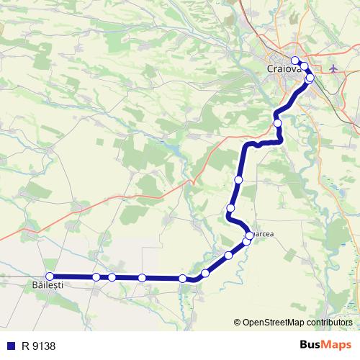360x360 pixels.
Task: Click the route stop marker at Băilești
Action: pyautogui.click(x=50, y=276)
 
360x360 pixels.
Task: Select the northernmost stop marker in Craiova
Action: pyautogui.click(x=294, y=60)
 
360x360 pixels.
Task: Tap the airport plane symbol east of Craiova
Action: pyautogui.click(x=333, y=68)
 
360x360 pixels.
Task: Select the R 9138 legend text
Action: pyautogui.click(x=39, y=346)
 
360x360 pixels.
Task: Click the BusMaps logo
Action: pyautogui.click(x=325, y=345)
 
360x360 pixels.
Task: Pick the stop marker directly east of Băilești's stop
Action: pyautogui.click(x=96, y=276)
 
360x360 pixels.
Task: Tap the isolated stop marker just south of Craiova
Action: pyautogui.click(x=277, y=123)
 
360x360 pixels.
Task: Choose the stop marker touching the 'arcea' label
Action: pyautogui.click(x=250, y=235)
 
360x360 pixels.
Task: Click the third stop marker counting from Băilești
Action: pyautogui.click(x=112, y=277)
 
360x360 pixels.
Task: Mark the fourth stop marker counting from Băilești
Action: pyautogui.click(x=142, y=277)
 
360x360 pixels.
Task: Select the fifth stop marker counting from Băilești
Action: pyautogui.click(x=183, y=278)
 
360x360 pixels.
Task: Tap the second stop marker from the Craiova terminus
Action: pyautogui.click(x=304, y=67)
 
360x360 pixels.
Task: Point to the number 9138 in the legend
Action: pyautogui.click(x=44, y=346)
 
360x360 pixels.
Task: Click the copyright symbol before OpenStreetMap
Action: pyautogui.click(x=238, y=322)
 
